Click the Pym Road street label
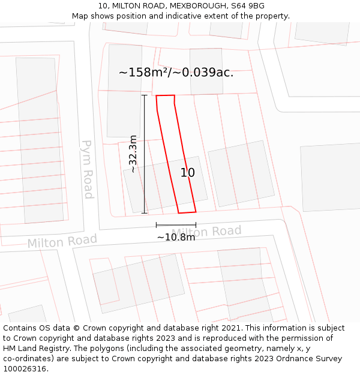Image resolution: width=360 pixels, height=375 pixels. point(88,169)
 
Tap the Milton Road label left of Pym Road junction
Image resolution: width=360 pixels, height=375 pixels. point(62,241)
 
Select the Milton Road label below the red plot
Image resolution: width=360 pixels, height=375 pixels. point(207,232)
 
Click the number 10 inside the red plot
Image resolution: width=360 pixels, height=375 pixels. point(188,173)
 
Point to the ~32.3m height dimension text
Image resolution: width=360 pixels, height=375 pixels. point(133,154)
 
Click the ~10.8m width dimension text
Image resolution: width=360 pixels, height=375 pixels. point(176,237)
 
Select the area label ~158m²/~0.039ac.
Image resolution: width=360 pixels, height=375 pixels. point(176,73)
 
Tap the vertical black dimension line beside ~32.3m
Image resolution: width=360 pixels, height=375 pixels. point(144,154)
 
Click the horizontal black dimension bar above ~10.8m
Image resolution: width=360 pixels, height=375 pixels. point(176,225)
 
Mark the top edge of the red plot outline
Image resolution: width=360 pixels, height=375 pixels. point(165,95)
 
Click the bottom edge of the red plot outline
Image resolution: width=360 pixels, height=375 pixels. point(187,212)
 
